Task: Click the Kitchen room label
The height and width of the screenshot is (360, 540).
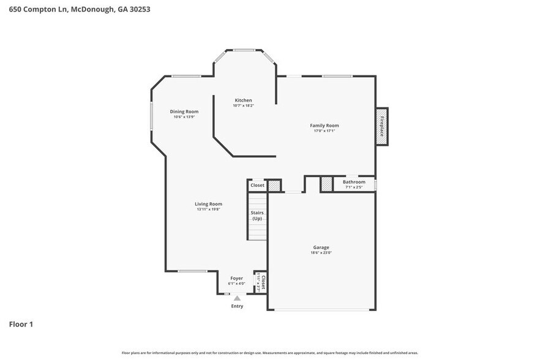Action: (x=243, y=100)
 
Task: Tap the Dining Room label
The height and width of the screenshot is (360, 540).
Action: (x=184, y=111)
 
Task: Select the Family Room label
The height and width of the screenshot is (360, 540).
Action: (x=324, y=126)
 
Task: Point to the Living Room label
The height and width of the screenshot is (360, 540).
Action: (x=208, y=204)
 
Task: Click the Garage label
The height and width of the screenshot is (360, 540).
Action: (x=321, y=247)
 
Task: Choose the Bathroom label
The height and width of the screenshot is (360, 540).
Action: (x=354, y=182)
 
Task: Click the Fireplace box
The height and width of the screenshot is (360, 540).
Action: (x=381, y=126)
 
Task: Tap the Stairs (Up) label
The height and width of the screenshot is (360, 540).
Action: (x=257, y=216)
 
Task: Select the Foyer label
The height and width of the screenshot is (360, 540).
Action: (x=236, y=278)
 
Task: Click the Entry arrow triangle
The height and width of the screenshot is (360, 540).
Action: (x=237, y=298)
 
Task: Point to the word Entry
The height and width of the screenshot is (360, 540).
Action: (x=237, y=306)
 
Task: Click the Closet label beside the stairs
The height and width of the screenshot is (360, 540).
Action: (x=257, y=185)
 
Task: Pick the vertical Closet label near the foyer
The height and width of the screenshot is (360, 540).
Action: (x=263, y=282)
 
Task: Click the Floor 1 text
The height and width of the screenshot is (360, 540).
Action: (x=21, y=324)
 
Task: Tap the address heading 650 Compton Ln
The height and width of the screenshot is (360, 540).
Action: (x=80, y=9)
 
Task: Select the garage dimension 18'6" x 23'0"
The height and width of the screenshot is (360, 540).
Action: (x=321, y=253)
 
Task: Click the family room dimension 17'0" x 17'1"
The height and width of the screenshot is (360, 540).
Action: (x=324, y=131)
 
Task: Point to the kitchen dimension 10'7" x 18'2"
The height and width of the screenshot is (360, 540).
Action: (x=243, y=106)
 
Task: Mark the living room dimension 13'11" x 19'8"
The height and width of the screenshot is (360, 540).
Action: (x=208, y=209)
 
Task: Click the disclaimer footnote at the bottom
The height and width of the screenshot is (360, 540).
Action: (x=270, y=353)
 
